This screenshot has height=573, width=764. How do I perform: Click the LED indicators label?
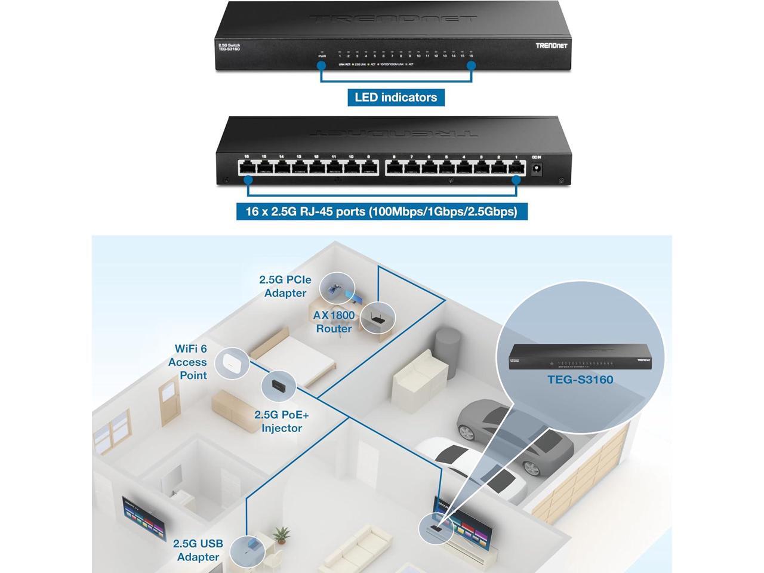point(396,97)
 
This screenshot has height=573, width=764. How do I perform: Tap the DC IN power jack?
point(536,169)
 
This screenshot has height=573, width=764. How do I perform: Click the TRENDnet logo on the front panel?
point(552,46)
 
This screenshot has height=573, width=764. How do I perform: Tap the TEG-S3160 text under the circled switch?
point(580,380)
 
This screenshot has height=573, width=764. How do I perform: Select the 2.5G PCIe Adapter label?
point(285,286)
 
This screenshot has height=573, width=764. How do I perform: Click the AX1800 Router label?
point(334,322)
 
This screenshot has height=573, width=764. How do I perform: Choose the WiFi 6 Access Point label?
point(188,362)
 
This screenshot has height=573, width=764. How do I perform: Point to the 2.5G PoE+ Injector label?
point(282,421)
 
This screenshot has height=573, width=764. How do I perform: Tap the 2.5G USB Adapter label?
point(198,550)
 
